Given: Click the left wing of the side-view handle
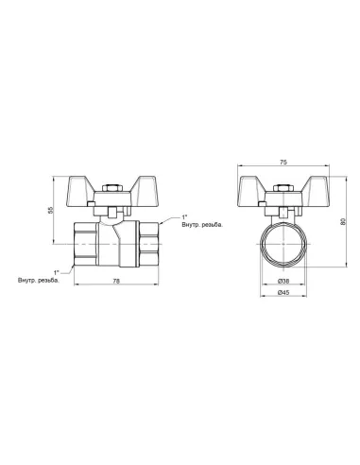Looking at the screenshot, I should pos(90,186).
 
